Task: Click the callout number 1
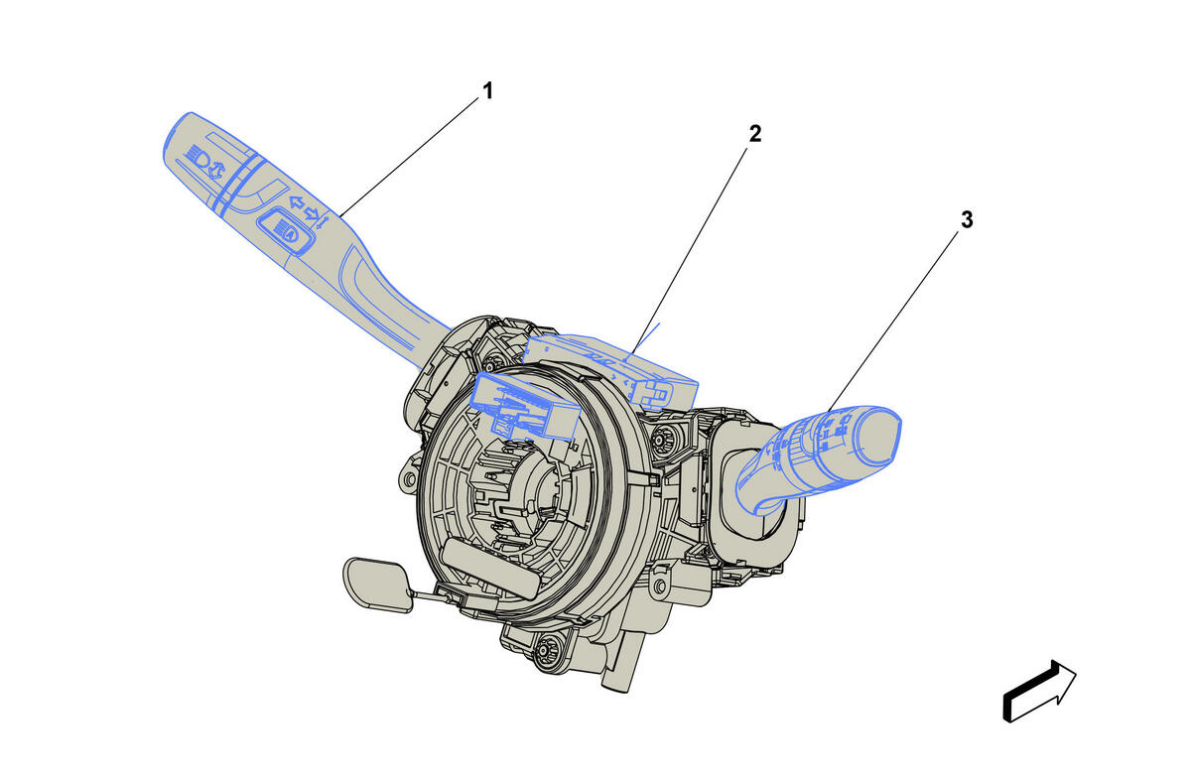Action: pyautogui.click(x=487, y=91)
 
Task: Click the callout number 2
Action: pyautogui.click(x=755, y=133)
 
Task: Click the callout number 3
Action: pyautogui.click(x=967, y=219)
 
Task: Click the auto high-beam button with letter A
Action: pyautogui.click(x=285, y=229)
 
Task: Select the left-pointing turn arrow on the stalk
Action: pyautogui.click(x=296, y=202)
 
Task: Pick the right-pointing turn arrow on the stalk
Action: pyautogui.click(x=311, y=213)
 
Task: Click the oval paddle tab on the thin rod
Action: pyautogui.click(x=378, y=585)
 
